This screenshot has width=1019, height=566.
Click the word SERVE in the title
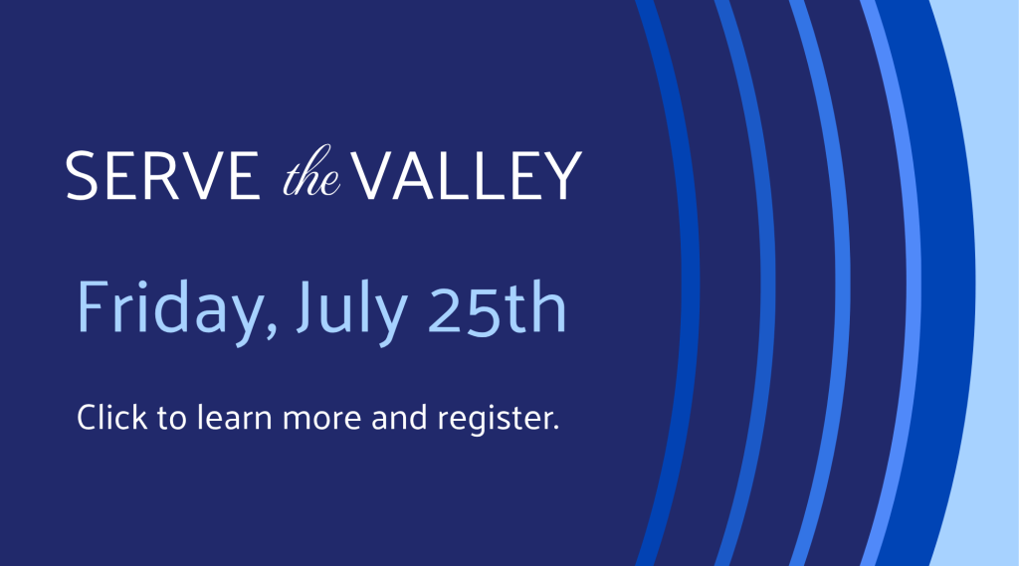tap(162, 175)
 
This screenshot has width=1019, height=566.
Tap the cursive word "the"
tap(311, 172)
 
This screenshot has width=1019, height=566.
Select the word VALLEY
tap(467, 175)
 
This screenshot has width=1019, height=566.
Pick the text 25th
tap(498, 306)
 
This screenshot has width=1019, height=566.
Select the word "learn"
tap(234, 417)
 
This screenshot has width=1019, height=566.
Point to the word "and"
tap(399, 417)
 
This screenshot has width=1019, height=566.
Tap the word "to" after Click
tap(172, 418)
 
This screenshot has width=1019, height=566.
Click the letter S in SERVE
tap(82, 175)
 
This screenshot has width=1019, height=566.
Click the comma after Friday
tap(271, 330)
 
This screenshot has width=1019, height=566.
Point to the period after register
tap(556, 428)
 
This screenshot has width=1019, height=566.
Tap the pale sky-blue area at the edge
tap(997, 283)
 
